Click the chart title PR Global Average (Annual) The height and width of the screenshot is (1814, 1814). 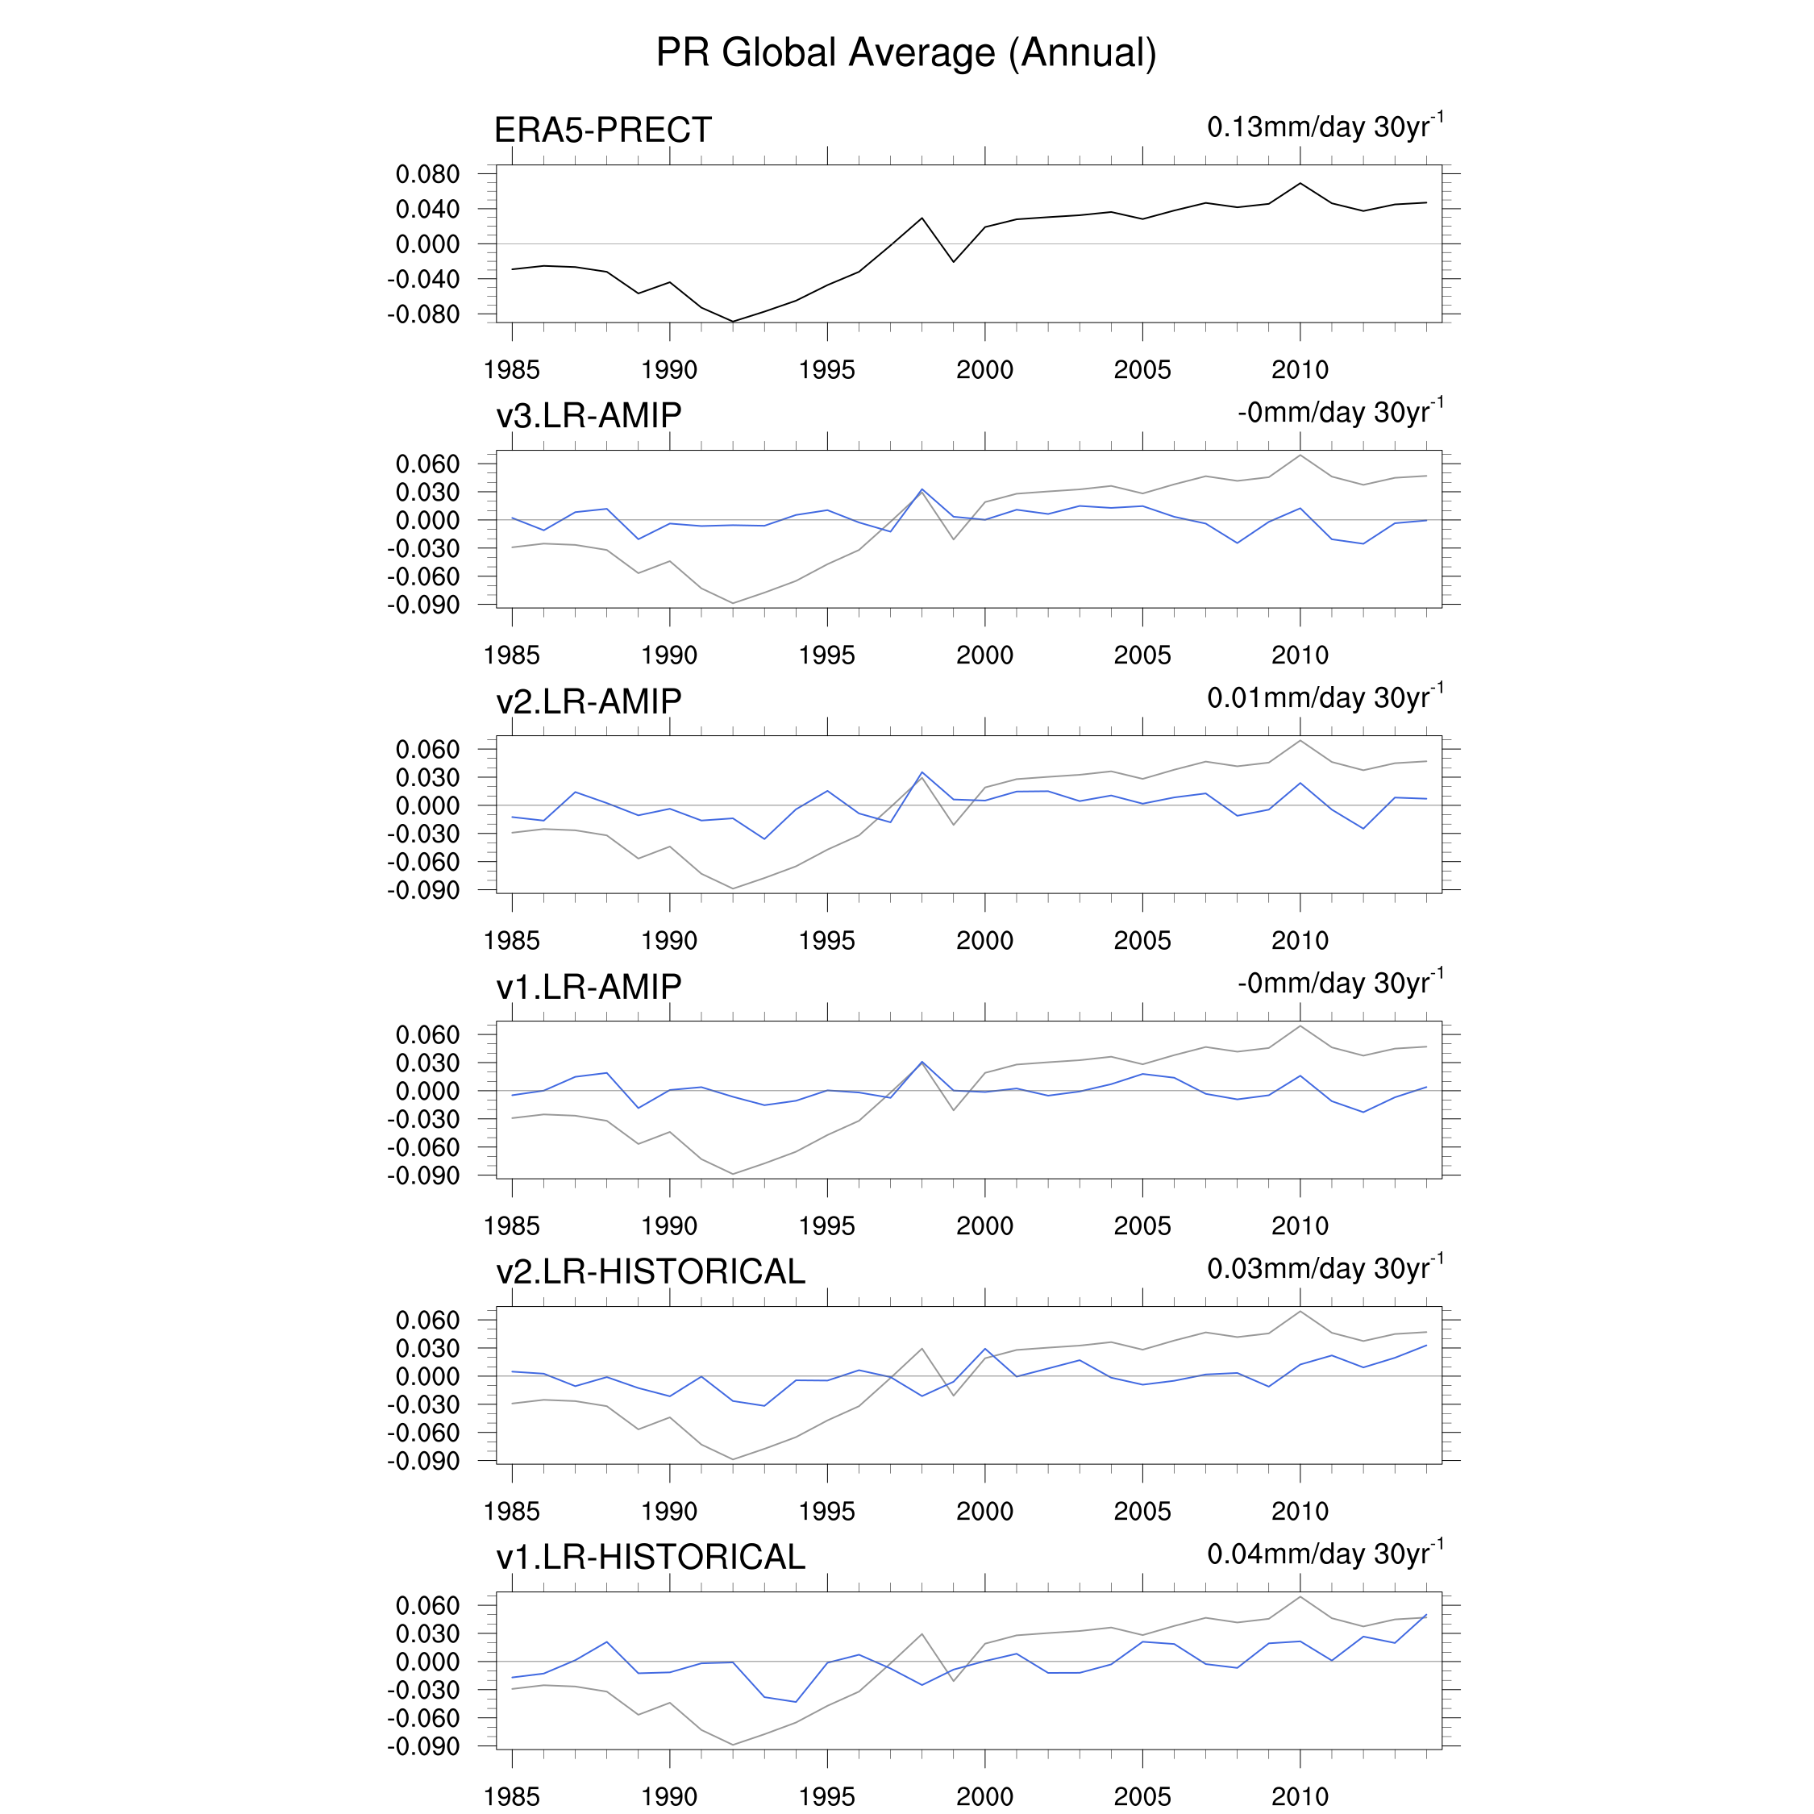906,52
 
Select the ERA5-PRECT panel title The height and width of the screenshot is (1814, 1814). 603,130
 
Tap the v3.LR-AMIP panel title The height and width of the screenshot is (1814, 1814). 589,415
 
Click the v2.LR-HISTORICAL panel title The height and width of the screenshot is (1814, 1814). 651,1271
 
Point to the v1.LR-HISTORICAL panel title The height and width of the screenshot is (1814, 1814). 651,1557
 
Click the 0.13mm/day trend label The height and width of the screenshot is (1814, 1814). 1325,127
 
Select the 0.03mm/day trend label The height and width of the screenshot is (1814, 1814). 1325,1268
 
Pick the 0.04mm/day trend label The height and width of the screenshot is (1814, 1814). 1325,1554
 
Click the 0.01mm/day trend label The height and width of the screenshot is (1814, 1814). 1325,697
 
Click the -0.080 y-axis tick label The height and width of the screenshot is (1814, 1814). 423,314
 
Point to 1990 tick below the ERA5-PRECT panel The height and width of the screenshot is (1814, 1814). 669,370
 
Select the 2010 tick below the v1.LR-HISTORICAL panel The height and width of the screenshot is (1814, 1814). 1300,1796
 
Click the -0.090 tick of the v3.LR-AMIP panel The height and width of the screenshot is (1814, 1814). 423,605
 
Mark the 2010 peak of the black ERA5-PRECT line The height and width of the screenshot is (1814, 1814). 1300,183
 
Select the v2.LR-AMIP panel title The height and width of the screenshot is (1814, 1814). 589,701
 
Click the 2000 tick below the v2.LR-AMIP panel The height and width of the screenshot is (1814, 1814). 985,941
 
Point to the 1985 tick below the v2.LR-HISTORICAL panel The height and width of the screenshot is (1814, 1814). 512,1512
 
